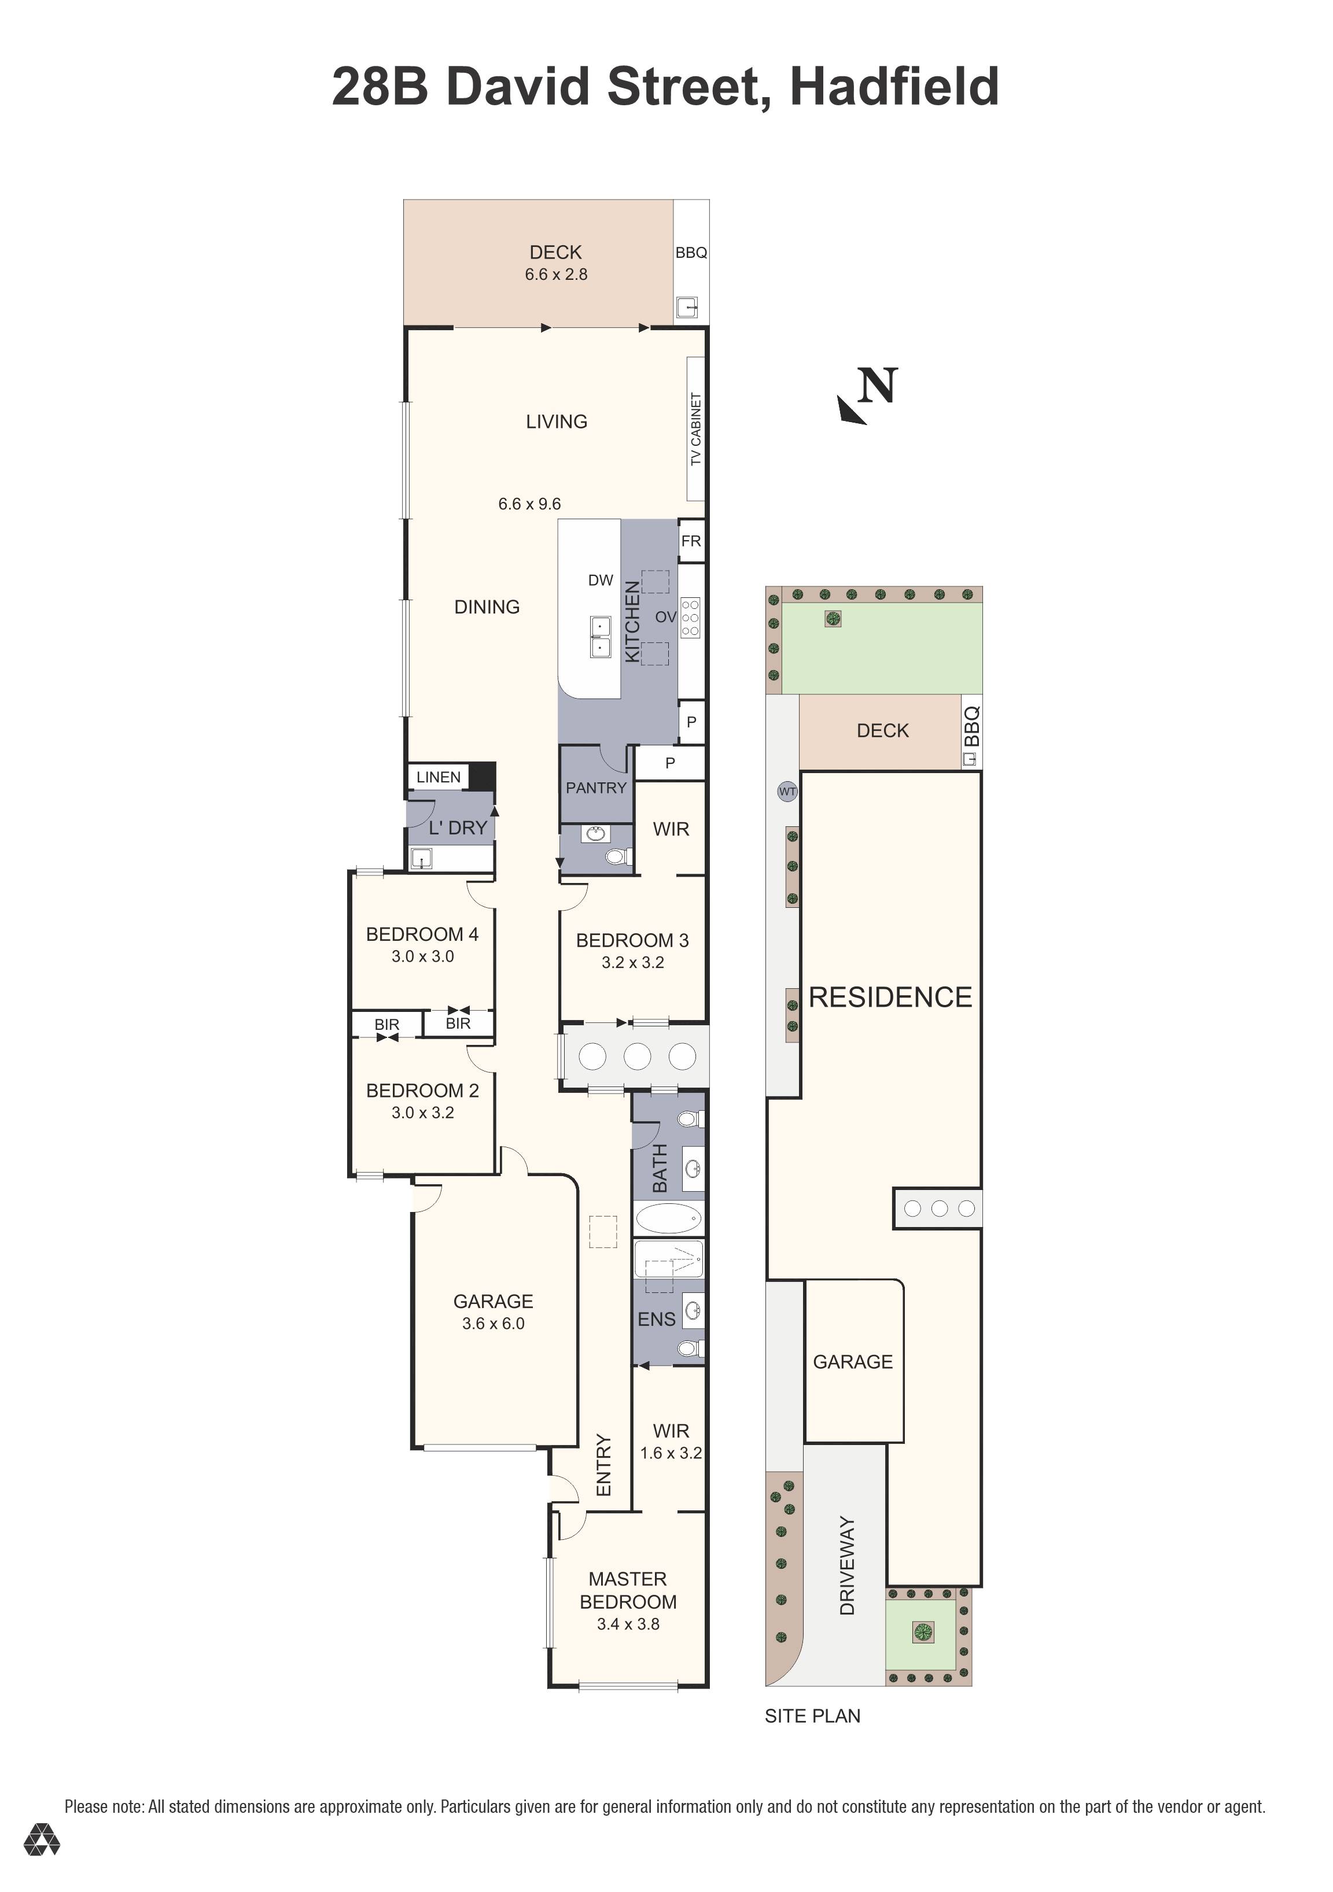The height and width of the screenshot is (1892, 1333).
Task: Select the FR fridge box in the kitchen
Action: pyautogui.click(x=691, y=541)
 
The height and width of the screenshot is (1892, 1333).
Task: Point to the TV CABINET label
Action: pyautogui.click(x=696, y=428)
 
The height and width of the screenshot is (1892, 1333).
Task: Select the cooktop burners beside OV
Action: pyautogui.click(x=691, y=617)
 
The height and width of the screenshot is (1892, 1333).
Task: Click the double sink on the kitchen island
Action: pyautogui.click(x=600, y=637)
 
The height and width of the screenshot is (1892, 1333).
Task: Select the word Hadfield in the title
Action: pyautogui.click(x=894, y=87)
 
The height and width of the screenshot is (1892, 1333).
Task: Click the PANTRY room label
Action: pyautogui.click(x=595, y=787)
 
